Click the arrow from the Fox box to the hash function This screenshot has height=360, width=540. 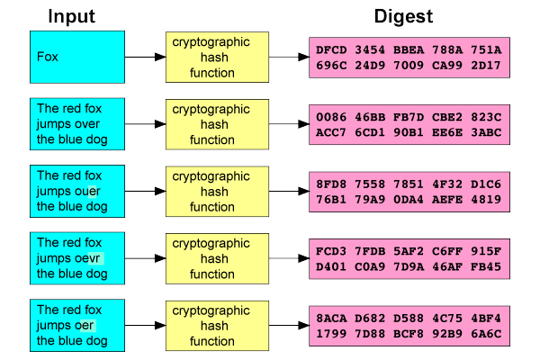pos(144,57)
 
